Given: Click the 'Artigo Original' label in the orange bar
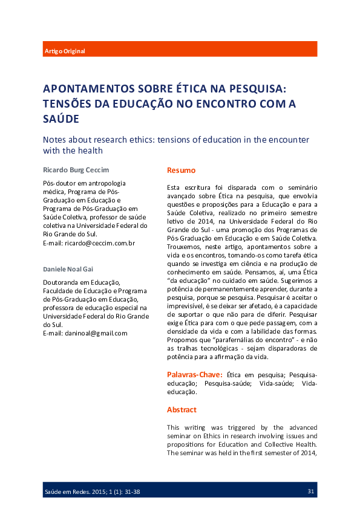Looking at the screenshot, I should (x=65, y=51).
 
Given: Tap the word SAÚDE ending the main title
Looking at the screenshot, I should (x=61, y=119).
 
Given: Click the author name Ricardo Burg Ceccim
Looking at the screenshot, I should (x=76, y=170).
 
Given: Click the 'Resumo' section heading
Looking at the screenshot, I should (x=181, y=170).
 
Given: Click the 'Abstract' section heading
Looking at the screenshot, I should (x=182, y=409).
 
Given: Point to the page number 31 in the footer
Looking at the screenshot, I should (x=311, y=491).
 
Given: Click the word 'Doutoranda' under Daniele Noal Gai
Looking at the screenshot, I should (x=62, y=282).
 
